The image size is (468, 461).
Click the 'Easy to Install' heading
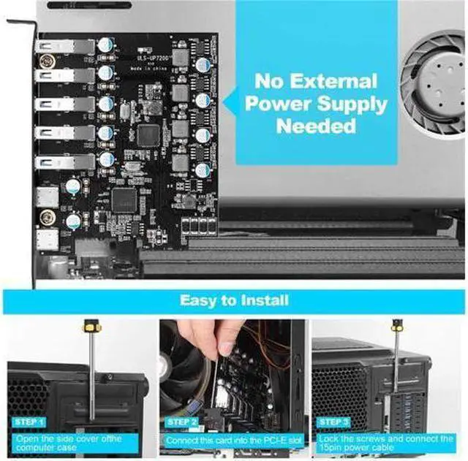234,300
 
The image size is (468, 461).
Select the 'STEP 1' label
29,422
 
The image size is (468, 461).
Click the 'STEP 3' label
334,422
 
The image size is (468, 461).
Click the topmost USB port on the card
63,47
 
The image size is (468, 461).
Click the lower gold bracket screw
48,216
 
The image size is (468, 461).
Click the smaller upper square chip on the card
149,134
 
